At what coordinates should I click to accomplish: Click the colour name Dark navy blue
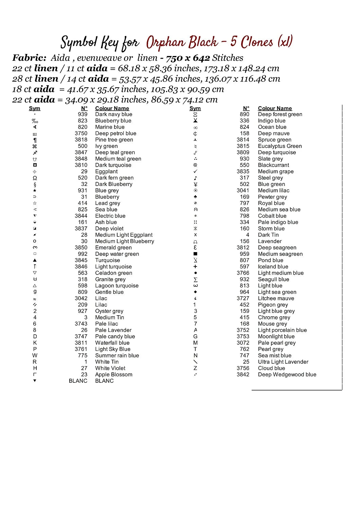click(113, 114)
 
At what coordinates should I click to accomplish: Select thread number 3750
click(81, 133)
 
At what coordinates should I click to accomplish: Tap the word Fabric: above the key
click(29, 58)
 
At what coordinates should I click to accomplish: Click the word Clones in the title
click(257, 42)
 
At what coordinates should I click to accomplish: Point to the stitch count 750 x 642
click(188, 58)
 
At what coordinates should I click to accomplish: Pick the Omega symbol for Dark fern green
click(35, 178)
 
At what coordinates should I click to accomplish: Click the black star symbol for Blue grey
click(35, 190)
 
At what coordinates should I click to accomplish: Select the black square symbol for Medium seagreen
click(195, 254)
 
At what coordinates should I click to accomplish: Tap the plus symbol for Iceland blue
click(195, 267)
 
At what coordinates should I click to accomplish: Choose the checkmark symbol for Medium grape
click(195, 171)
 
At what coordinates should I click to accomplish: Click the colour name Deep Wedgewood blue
click(287, 375)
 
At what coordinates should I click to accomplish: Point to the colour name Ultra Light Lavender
click(283, 362)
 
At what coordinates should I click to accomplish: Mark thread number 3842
click(243, 375)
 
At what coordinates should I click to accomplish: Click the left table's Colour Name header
click(112, 108)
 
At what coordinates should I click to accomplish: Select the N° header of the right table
click(246, 108)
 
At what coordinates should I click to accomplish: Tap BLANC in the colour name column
click(104, 381)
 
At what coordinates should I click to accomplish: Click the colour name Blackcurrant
click(273, 165)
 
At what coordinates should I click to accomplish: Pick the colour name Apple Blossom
click(114, 375)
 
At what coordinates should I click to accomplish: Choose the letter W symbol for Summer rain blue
click(35, 355)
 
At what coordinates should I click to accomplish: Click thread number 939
click(83, 114)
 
